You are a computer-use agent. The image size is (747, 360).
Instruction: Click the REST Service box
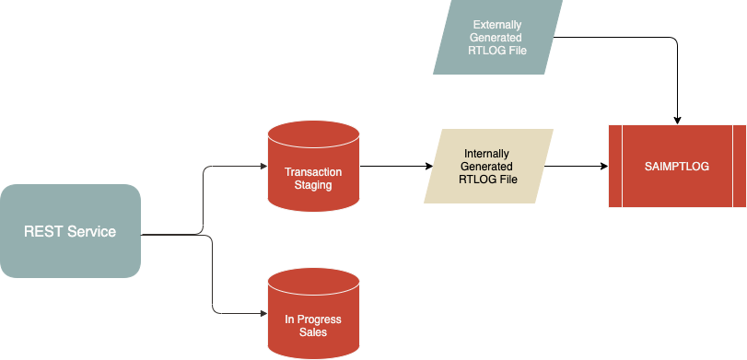[x=70, y=231]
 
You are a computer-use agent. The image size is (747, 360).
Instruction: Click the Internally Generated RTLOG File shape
[x=488, y=166]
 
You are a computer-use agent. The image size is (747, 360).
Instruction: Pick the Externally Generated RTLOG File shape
[x=497, y=37]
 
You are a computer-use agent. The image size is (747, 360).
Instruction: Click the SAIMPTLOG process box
[x=677, y=166]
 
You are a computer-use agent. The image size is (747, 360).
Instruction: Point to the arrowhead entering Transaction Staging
[x=262, y=167]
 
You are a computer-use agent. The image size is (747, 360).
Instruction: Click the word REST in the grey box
[x=42, y=231]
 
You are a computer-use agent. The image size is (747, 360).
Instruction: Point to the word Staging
[x=313, y=185]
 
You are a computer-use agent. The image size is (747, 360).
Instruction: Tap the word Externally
[x=498, y=24]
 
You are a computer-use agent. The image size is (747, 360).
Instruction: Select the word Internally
[x=487, y=153]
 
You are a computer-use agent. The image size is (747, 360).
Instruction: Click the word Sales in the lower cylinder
[x=313, y=332]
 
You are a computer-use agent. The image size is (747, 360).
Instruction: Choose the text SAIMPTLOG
[x=677, y=166]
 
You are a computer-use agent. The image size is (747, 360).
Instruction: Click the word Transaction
[x=313, y=172]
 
